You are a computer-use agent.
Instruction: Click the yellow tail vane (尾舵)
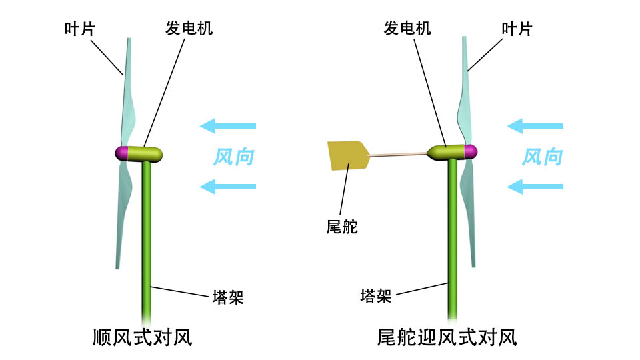pos(347,155)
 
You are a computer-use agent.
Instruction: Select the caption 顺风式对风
pos(143,337)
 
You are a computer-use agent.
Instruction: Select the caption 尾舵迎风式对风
pos(447,337)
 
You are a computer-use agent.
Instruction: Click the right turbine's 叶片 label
pos(517,29)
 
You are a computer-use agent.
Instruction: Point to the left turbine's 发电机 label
pos(189,29)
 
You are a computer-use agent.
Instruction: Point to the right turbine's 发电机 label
pos(407,28)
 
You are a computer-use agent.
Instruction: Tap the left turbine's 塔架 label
pos(227,297)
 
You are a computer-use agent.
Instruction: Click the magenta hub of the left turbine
pos(121,153)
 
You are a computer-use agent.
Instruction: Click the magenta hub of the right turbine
pos(471,151)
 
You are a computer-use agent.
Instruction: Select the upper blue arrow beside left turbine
pos(228,125)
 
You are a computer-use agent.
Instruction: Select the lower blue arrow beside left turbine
pos(228,187)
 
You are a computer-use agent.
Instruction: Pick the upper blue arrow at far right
pos(535,125)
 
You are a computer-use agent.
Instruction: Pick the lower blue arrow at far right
pos(535,187)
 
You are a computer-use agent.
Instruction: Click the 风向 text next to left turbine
pos(233,157)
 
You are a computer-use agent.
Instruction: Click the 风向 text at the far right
pos(541,157)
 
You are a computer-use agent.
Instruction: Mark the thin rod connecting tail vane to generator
pos(398,155)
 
